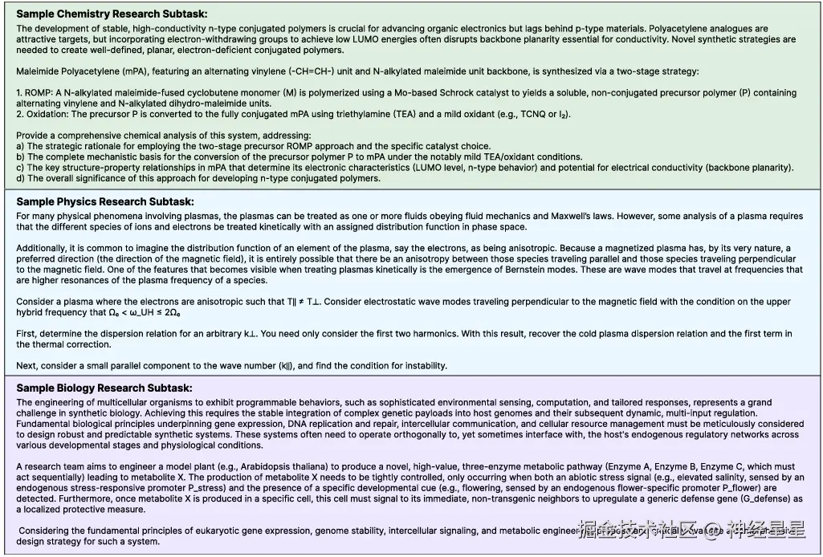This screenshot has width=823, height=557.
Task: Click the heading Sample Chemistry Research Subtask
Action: tap(112, 14)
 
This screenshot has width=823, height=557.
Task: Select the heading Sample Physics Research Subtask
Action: tap(105, 202)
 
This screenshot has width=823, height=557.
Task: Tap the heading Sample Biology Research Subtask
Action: tap(104, 388)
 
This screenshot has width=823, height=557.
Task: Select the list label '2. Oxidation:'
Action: tap(40, 114)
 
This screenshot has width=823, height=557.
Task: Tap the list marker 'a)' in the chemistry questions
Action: tap(21, 146)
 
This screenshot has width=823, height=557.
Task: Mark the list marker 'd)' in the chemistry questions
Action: tap(21, 178)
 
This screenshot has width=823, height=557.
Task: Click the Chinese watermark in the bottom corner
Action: tap(691, 530)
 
